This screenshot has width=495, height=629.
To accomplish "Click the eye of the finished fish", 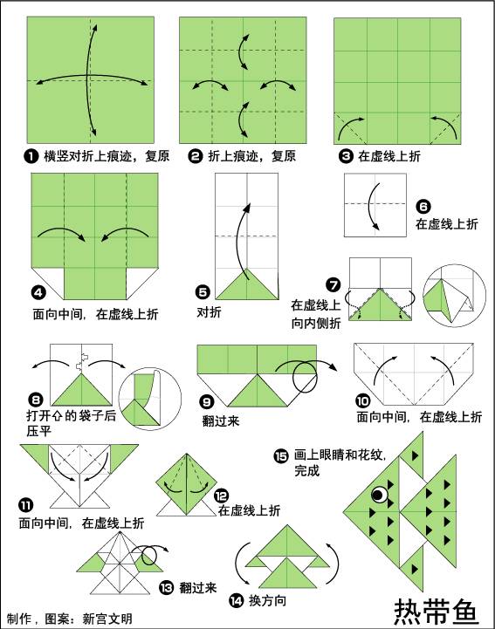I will pyautogui.click(x=379, y=495).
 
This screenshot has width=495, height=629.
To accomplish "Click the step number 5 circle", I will pyautogui.click(x=203, y=293).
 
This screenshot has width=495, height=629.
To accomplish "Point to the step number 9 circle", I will pyautogui.click(x=207, y=402).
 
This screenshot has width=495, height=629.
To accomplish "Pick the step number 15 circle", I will pyautogui.click(x=280, y=455).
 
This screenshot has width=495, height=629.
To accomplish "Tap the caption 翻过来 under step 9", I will pyautogui.click(x=220, y=420).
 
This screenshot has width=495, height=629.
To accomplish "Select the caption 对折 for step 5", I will pyautogui.click(x=208, y=311).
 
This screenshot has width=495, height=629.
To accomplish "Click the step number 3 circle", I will pyautogui.click(x=345, y=156).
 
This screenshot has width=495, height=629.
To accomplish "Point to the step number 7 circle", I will pyautogui.click(x=333, y=284).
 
